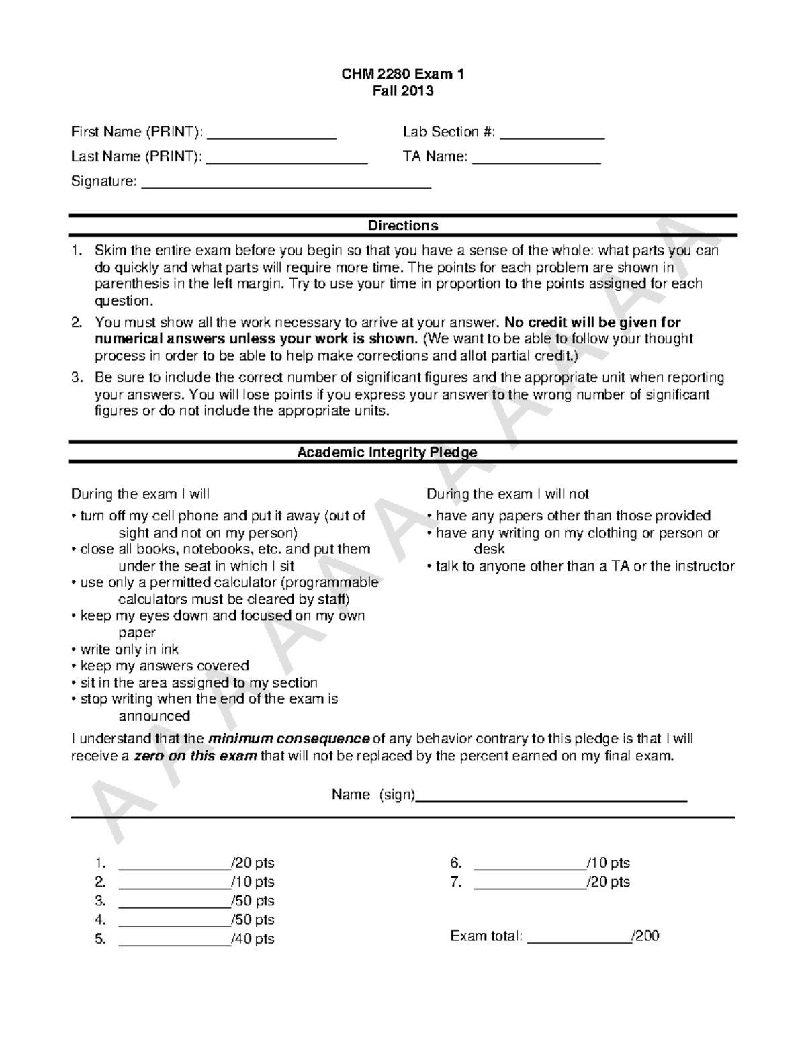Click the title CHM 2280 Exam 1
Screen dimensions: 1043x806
pyautogui.click(x=403, y=74)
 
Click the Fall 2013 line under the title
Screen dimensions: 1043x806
pyautogui.click(x=403, y=91)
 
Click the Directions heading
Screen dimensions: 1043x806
pyautogui.click(x=403, y=226)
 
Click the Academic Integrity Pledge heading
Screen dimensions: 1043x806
pyautogui.click(x=387, y=452)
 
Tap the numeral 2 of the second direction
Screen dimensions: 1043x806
pyautogui.click(x=77, y=322)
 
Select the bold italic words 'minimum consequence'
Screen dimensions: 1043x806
pyautogui.click(x=289, y=739)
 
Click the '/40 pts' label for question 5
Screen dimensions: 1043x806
pyautogui.click(x=253, y=938)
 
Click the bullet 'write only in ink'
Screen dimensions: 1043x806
pyautogui.click(x=129, y=649)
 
